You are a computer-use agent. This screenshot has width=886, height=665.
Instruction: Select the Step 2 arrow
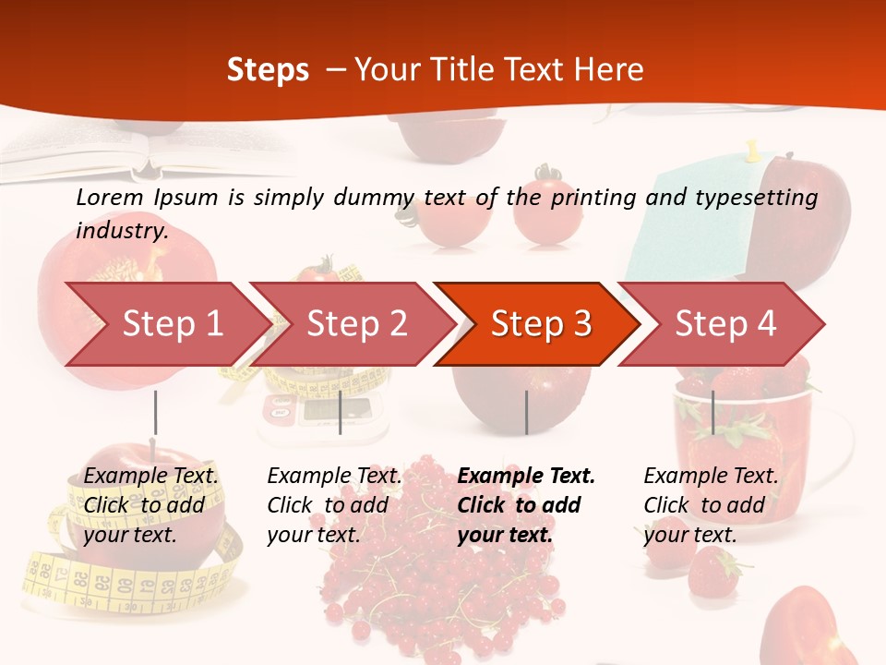356,323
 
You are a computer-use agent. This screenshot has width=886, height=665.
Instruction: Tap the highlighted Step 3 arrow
541,323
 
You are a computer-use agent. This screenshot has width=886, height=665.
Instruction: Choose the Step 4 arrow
725,323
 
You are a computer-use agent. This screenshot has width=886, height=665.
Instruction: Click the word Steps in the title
268,70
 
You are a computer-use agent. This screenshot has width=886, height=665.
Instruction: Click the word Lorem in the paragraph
110,197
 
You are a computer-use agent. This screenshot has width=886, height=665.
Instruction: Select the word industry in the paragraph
122,230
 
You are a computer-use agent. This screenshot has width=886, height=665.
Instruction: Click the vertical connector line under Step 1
155,412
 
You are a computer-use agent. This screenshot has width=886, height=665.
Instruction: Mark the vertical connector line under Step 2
341,412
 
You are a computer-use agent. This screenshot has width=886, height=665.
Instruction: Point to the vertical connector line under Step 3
526,412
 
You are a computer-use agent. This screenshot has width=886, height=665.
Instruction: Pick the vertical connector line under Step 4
712,412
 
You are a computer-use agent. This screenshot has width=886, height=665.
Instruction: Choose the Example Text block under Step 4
711,504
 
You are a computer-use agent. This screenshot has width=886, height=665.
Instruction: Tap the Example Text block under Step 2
334,504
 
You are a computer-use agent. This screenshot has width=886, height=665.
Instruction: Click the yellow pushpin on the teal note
753,150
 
